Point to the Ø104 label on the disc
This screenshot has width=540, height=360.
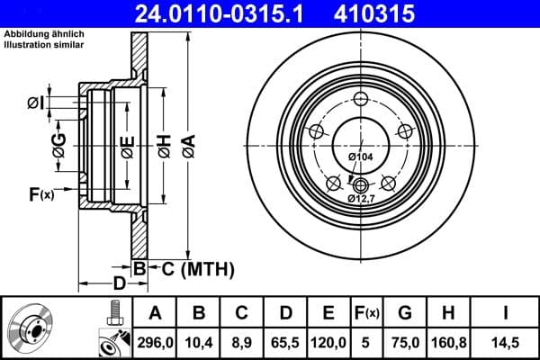[x=360, y=157]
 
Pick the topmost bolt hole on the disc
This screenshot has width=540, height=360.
[x=360, y=100]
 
